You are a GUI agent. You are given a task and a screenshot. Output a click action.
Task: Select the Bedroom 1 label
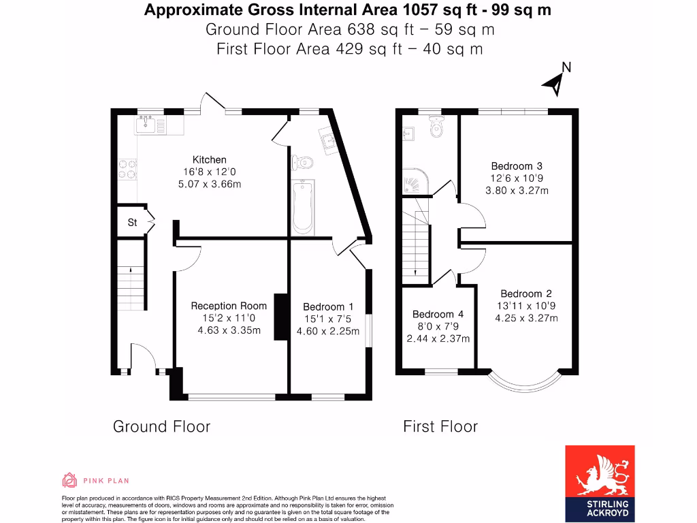pyautogui.click(x=328, y=307)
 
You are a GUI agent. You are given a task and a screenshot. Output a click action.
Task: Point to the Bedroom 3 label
pyautogui.click(x=517, y=166)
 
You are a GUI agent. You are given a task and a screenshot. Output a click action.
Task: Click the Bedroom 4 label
pyautogui.click(x=438, y=315)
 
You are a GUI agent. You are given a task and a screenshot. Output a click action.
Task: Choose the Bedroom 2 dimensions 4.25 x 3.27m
pyautogui.click(x=526, y=318)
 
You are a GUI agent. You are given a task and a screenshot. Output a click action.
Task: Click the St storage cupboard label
pyautogui.click(x=132, y=223)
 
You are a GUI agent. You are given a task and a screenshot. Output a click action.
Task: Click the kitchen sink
pyautogui.click(x=144, y=124)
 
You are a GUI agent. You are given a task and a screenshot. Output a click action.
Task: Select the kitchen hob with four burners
pyautogui.click(x=127, y=169)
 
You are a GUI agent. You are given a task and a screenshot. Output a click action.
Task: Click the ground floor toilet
pyautogui.click(x=302, y=163)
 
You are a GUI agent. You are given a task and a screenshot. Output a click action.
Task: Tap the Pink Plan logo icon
pyautogui.click(x=69, y=481)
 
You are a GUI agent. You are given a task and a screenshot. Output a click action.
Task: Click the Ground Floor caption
pyautogui.click(x=161, y=427)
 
